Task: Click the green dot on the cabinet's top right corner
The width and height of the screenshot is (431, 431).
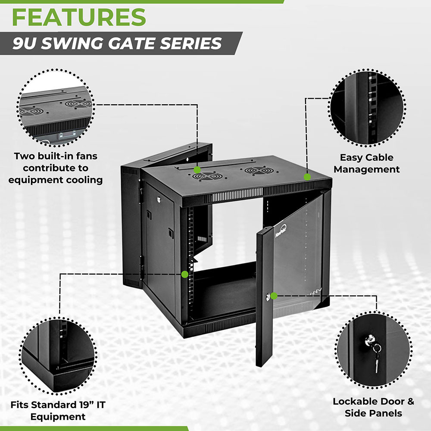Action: coord(307,177)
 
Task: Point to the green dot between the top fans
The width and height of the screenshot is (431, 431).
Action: coord(197,170)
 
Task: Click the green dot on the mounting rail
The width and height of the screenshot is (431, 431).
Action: coord(185,274)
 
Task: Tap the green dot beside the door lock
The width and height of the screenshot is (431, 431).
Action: coord(273,296)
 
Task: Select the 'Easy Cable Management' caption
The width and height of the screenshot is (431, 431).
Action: coord(366,163)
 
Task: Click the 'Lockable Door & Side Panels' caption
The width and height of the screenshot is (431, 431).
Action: coord(373,407)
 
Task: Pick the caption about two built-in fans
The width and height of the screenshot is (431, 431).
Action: coord(56,168)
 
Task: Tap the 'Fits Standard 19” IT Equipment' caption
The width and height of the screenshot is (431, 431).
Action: coord(58,410)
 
